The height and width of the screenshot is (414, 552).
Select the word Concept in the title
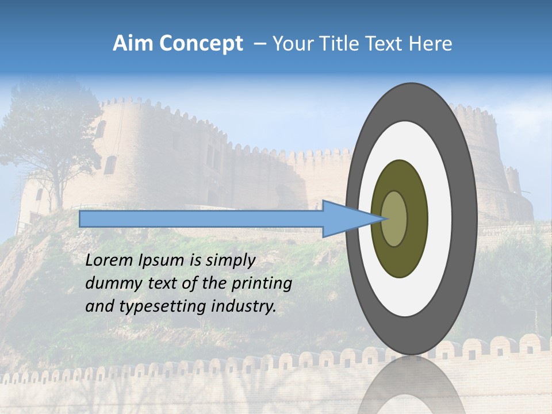coord(201,44)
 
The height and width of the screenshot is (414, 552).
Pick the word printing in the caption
coord(261,284)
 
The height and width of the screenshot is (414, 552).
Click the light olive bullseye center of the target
coord(394,219)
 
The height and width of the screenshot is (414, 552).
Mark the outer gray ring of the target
coord(466,219)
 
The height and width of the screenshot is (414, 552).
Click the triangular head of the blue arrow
coord(345,219)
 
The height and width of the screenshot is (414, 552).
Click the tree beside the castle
coord(52,138)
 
